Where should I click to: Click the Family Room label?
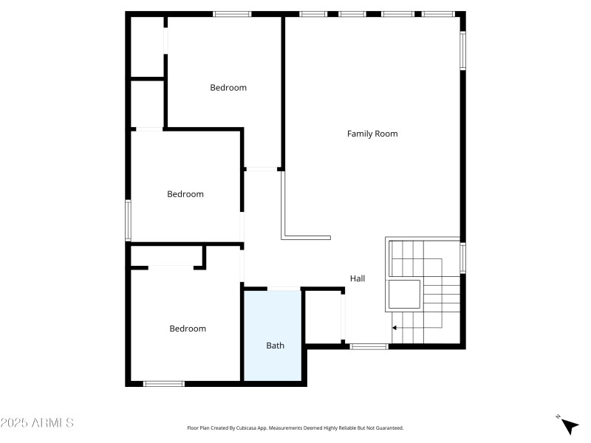coord(372,134)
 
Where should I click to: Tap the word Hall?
coord(358,278)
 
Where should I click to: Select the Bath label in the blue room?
coord(275,345)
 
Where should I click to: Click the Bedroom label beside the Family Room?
coord(228,87)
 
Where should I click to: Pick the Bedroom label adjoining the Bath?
coord(188,329)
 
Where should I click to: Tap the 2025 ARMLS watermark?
coord(37,423)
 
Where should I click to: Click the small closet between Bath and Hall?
coord(323,316)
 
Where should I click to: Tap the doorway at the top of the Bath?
coord(284,289)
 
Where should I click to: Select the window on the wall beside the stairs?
coord(463,258)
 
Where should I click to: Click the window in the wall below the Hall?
coord(369,346)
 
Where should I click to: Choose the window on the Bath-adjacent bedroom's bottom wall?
coord(164,383)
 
